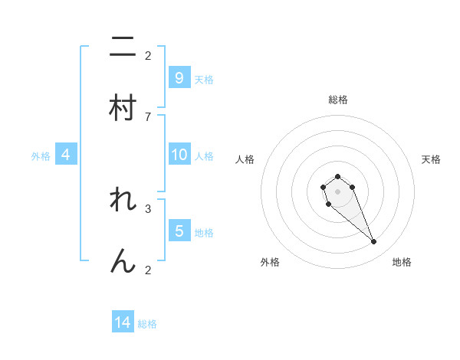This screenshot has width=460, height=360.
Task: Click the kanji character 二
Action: tap(123, 47)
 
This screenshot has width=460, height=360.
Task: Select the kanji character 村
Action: tap(123, 107)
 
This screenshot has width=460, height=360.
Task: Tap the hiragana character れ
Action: tap(123, 201)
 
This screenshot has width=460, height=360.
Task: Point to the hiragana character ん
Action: tap(123, 261)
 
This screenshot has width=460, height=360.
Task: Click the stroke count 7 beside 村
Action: tap(148, 116)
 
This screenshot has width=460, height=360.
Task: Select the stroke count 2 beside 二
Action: tap(148, 56)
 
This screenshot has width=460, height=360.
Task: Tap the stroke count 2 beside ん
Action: tap(148, 270)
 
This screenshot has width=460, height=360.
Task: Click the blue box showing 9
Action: tap(179, 78)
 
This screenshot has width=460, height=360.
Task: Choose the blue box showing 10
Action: tap(179, 155)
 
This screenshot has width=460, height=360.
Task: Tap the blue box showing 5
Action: tap(179, 231)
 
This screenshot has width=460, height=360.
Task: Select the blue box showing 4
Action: tap(66, 155)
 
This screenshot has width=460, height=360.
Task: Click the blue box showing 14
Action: tap(123, 323)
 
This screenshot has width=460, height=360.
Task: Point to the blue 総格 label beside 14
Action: tap(147, 324)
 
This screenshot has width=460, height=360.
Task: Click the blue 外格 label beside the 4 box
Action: tap(41, 156)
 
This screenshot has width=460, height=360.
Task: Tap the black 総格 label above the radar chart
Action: tap(337, 100)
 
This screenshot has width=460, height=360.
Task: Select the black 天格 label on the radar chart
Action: tap(431, 159)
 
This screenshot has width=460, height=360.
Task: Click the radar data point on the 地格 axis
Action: tap(374, 242)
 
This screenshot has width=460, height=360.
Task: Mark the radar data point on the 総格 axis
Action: tap(337, 176)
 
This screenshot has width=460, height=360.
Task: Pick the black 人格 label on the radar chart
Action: tap(245, 159)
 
